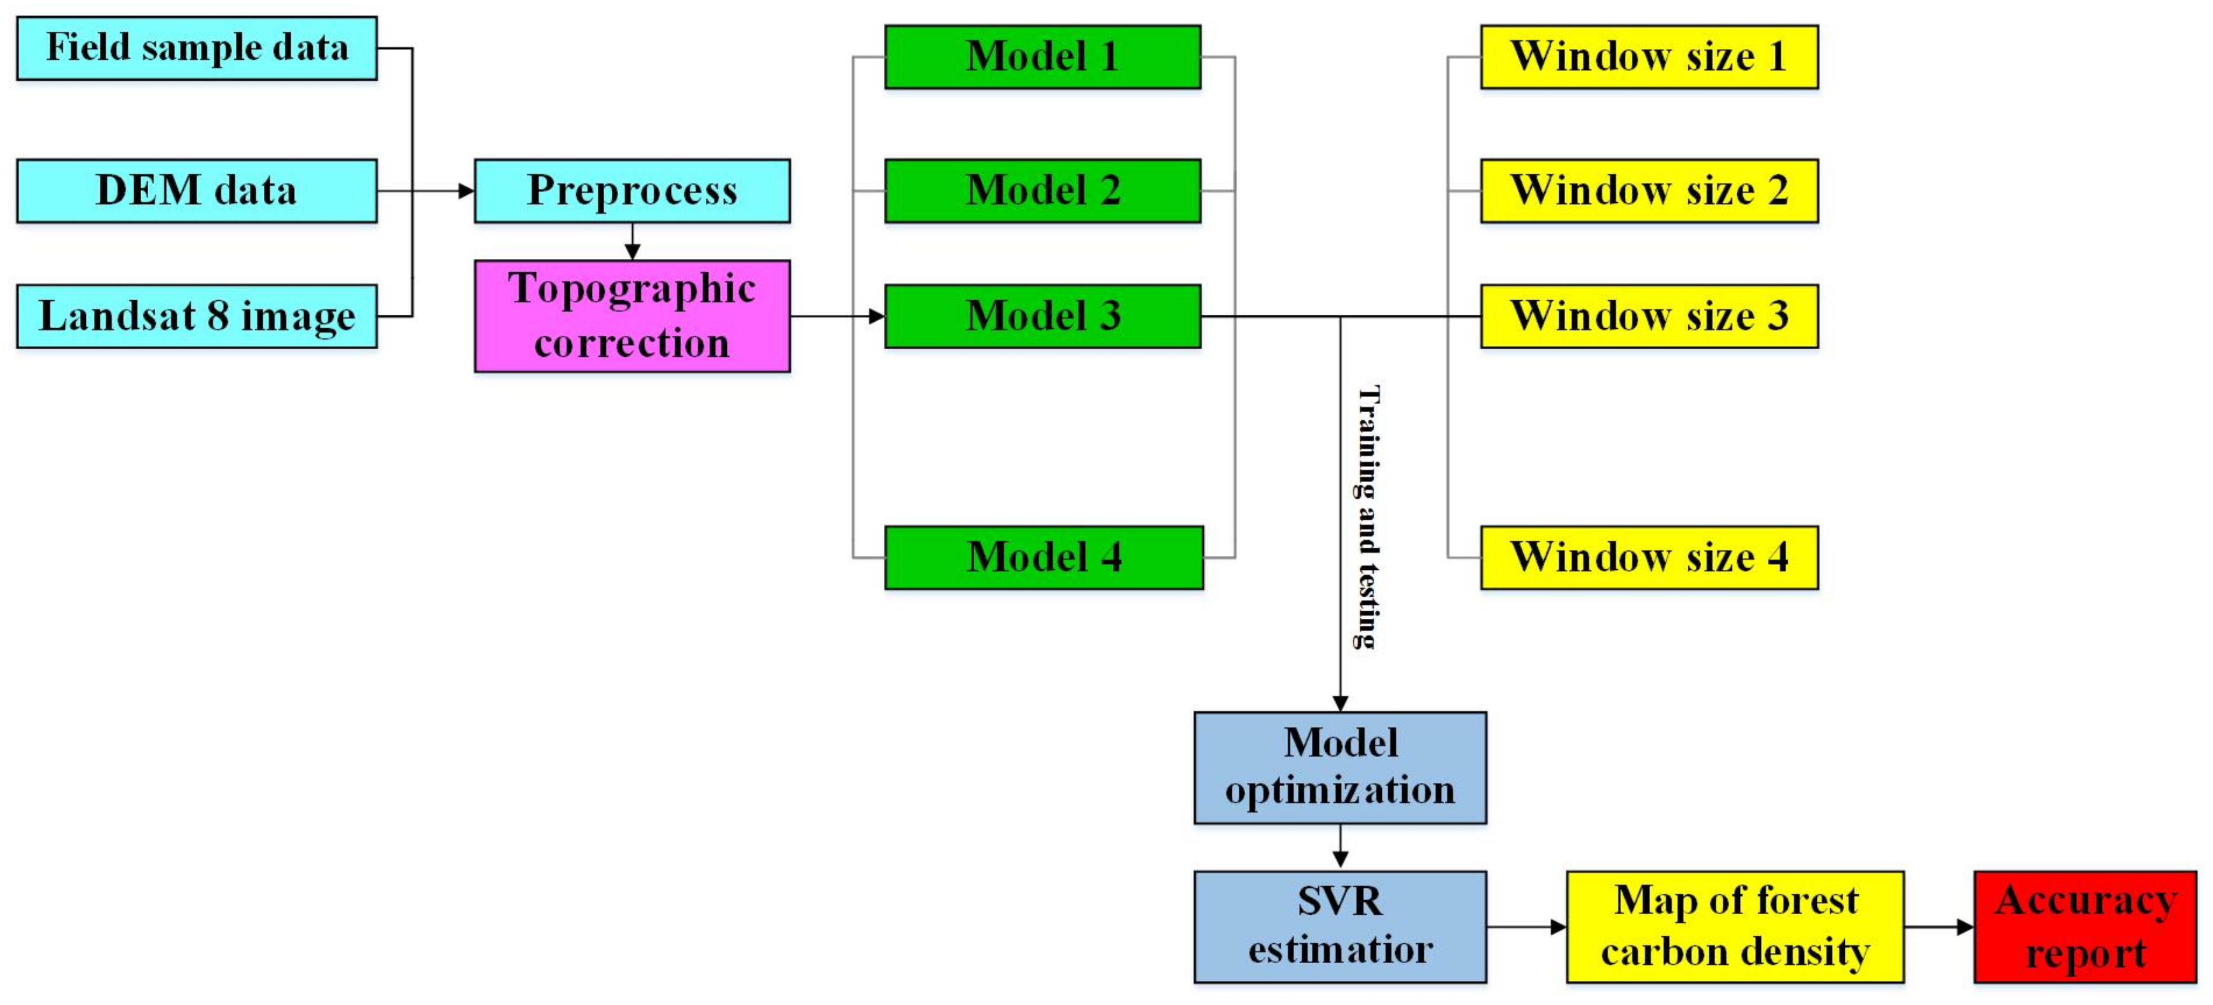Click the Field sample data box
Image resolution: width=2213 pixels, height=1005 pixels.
point(196,48)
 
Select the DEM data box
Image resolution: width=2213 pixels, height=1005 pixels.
point(196,191)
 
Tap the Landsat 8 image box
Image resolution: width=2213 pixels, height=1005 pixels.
point(196,316)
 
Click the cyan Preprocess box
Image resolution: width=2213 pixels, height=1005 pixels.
point(632,191)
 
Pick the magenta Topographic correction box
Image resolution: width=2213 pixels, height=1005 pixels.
point(632,316)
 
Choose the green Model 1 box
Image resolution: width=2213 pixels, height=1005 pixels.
point(1042,57)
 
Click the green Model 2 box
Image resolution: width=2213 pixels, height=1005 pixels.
point(1042,191)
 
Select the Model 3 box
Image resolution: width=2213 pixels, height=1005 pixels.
point(1042,316)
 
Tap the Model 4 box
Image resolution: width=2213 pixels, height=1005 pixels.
point(1044,557)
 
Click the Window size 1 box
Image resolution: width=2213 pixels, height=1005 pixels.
point(1650,57)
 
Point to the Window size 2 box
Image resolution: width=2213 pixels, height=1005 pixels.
point(1650,191)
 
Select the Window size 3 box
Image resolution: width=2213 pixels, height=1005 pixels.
point(1650,316)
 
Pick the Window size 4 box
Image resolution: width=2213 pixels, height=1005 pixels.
point(1650,557)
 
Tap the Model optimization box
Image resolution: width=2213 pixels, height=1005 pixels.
point(1340,768)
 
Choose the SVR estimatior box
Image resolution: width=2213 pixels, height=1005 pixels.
point(1340,927)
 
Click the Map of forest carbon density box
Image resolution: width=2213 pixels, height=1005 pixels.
point(1735,927)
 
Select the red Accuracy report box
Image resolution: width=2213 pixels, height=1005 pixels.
point(2085,927)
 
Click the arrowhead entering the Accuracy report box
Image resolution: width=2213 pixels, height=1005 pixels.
point(1966,927)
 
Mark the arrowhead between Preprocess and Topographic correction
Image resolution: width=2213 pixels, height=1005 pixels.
point(632,251)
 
